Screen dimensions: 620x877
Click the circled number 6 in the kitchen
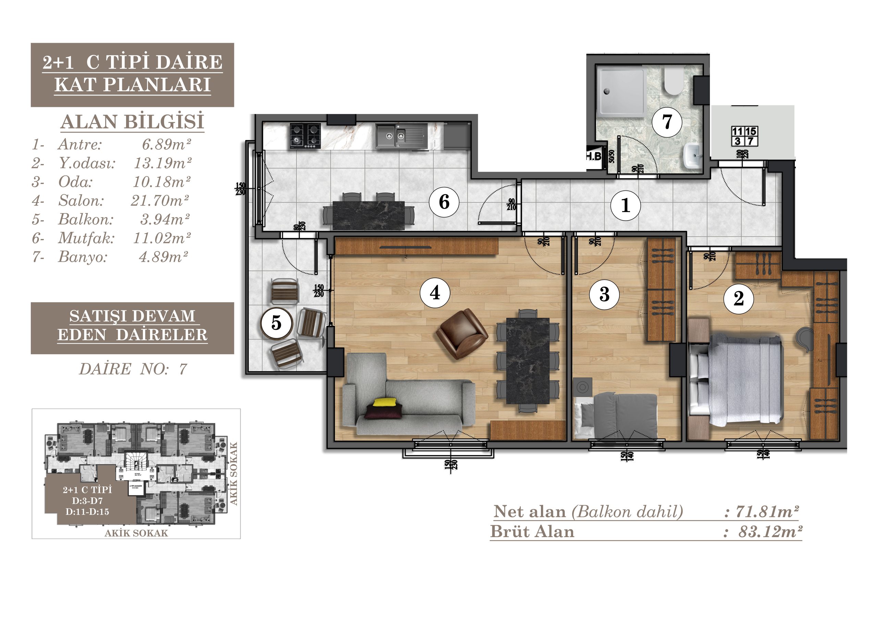tap(444, 202)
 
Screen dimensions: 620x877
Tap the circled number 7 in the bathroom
tap(667, 122)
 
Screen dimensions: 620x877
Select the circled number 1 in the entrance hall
tap(625, 206)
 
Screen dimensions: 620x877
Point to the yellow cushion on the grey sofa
tap(385, 402)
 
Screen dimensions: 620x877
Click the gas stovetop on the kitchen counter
tap(305, 136)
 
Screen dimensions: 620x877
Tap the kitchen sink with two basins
tap(401, 136)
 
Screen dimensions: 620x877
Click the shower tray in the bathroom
tap(621, 92)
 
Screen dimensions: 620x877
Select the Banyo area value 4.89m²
tap(163, 257)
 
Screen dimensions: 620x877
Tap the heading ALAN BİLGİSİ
tap(132, 122)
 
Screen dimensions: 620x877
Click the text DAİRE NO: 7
tap(133, 369)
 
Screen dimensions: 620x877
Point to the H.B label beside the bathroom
tap(594, 156)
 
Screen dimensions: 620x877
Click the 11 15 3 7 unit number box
tap(744, 136)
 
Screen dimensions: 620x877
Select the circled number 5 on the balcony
tap(276, 323)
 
